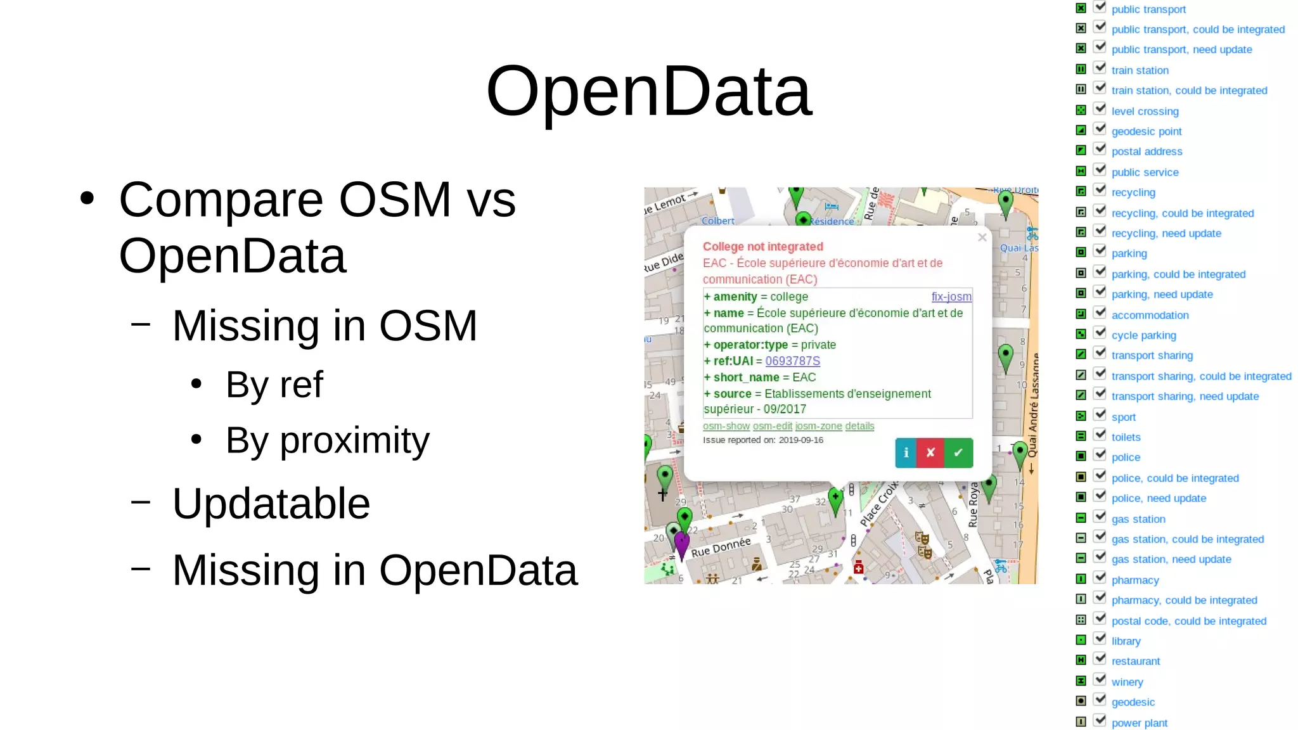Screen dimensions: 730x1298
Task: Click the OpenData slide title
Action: tap(648, 92)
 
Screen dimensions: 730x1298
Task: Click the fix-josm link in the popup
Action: tap(951, 297)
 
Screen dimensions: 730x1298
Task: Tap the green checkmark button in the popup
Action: tap(958, 452)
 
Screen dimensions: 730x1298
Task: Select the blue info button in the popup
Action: tap(906, 452)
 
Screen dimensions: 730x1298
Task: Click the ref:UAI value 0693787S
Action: tap(792, 361)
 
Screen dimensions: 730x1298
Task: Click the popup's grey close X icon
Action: tap(982, 238)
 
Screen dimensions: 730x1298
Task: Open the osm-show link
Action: tap(726, 426)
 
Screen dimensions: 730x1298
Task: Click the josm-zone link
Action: tap(818, 426)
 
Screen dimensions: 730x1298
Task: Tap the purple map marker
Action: tap(681, 543)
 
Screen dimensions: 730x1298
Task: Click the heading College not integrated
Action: tap(762, 247)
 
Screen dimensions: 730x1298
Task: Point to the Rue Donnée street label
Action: tap(721, 547)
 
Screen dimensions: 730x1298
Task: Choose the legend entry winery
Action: tap(1127, 682)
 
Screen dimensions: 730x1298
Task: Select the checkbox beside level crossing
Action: tap(1100, 109)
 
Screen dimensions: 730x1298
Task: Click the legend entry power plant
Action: tap(1139, 723)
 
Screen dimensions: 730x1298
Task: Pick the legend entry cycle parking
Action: tap(1143, 335)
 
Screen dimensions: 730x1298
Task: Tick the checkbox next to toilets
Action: tap(1100, 435)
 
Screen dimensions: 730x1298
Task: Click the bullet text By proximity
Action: tap(327, 440)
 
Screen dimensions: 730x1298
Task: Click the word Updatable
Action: tap(271, 504)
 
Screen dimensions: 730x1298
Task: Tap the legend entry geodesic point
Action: tap(1146, 131)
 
